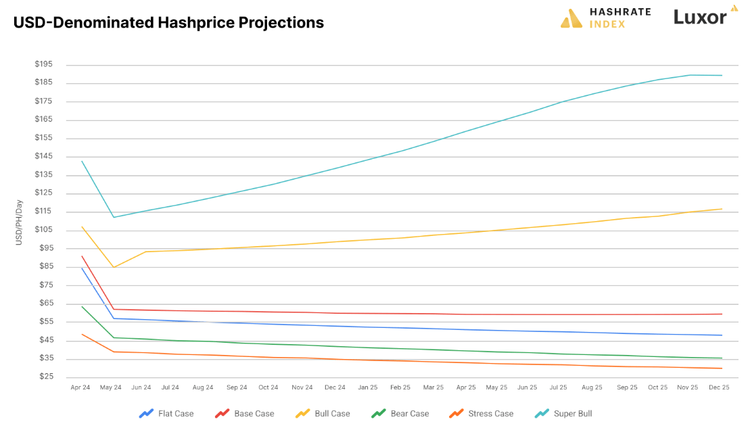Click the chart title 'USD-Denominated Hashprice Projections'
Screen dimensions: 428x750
point(168,22)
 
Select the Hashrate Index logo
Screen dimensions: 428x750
point(605,18)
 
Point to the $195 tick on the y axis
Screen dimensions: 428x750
point(43,64)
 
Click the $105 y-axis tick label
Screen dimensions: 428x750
point(43,230)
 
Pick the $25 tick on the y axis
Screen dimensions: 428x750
point(45,377)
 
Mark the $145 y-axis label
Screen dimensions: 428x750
point(43,156)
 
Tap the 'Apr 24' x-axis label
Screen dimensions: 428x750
point(81,388)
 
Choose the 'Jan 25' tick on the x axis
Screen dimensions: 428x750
point(368,388)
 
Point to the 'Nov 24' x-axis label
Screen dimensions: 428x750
point(302,388)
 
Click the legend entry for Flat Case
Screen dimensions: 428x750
point(166,413)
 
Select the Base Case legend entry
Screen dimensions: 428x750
point(244,413)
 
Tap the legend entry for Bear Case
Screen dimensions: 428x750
point(400,413)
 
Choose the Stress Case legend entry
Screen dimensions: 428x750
point(481,413)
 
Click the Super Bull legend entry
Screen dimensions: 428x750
point(563,413)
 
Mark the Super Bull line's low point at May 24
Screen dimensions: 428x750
point(114,217)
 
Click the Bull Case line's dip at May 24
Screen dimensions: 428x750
point(114,267)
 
